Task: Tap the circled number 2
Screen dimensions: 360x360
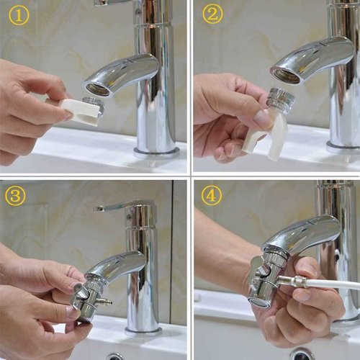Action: (x=212, y=14)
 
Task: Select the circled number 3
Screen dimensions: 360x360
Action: (x=17, y=196)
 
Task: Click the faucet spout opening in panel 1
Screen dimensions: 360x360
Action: (x=99, y=89)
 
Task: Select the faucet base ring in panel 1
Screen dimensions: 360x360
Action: (x=157, y=152)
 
